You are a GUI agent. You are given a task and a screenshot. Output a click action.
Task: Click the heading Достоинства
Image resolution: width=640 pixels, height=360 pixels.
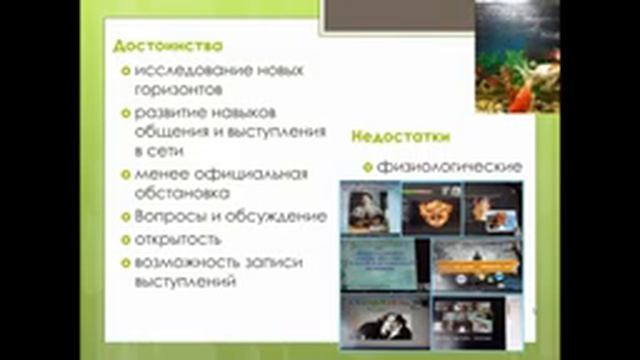[x=168, y=46]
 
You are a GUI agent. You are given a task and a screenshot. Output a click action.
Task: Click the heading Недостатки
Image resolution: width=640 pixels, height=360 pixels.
[x=400, y=136]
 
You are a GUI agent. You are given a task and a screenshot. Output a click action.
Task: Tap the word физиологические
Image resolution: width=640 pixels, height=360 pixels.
[x=450, y=166]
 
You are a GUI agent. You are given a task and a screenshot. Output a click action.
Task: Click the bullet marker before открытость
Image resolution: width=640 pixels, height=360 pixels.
[x=124, y=240]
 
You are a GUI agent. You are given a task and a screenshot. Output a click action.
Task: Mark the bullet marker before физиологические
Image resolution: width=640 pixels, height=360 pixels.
[x=367, y=166]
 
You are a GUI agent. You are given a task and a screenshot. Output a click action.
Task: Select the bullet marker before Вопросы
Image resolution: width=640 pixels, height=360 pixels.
[x=124, y=216]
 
